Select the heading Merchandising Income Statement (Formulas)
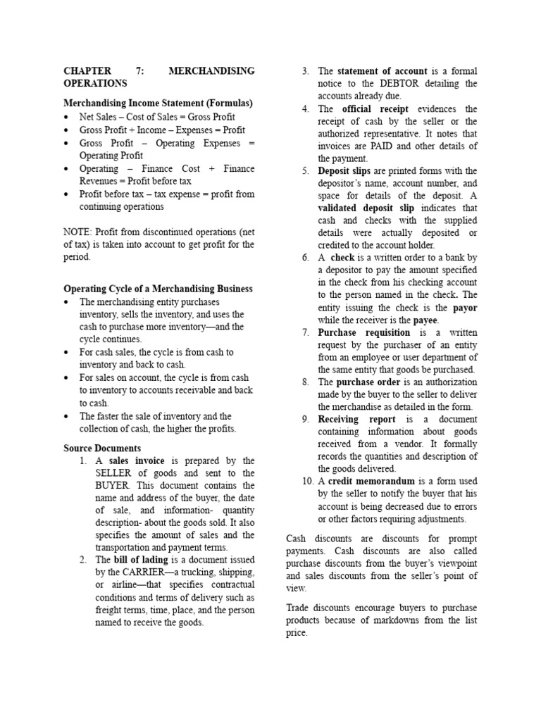coord(158,104)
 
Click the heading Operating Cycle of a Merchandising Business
coord(158,289)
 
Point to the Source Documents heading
coord(102,448)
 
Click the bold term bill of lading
coord(140,560)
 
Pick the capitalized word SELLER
coord(116,473)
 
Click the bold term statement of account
coord(382,71)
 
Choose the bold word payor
coord(465,308)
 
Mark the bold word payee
coord(426,320)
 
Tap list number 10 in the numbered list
coord(307,481)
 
